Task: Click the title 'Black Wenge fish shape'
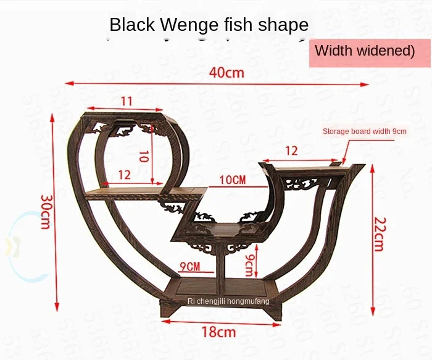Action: coord(209,25)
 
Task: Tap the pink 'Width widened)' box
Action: coord(365,51)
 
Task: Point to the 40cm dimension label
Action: coord(226,73)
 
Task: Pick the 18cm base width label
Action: coord(218,332)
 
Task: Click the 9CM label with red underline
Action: coord(190,267)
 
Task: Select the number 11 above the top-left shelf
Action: coord(127,101)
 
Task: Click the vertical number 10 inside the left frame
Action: coord(143,157)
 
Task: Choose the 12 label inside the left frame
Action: coord(125,175)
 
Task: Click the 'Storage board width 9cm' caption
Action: coord(365,131)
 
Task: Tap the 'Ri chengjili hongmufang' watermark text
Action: coord(228,301)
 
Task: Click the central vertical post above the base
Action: coord(220,262)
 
